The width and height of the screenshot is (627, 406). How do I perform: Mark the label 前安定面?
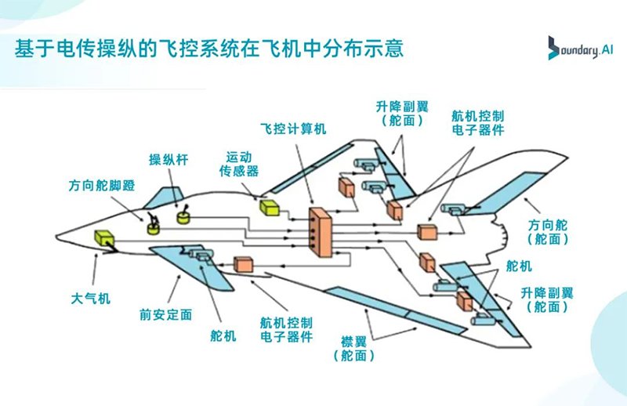click(167, 314)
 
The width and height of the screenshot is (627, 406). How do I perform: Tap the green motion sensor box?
click(270, 207)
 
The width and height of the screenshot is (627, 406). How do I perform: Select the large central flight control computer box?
click(320, 231)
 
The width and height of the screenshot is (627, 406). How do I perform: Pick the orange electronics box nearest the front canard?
click(244, 264)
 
